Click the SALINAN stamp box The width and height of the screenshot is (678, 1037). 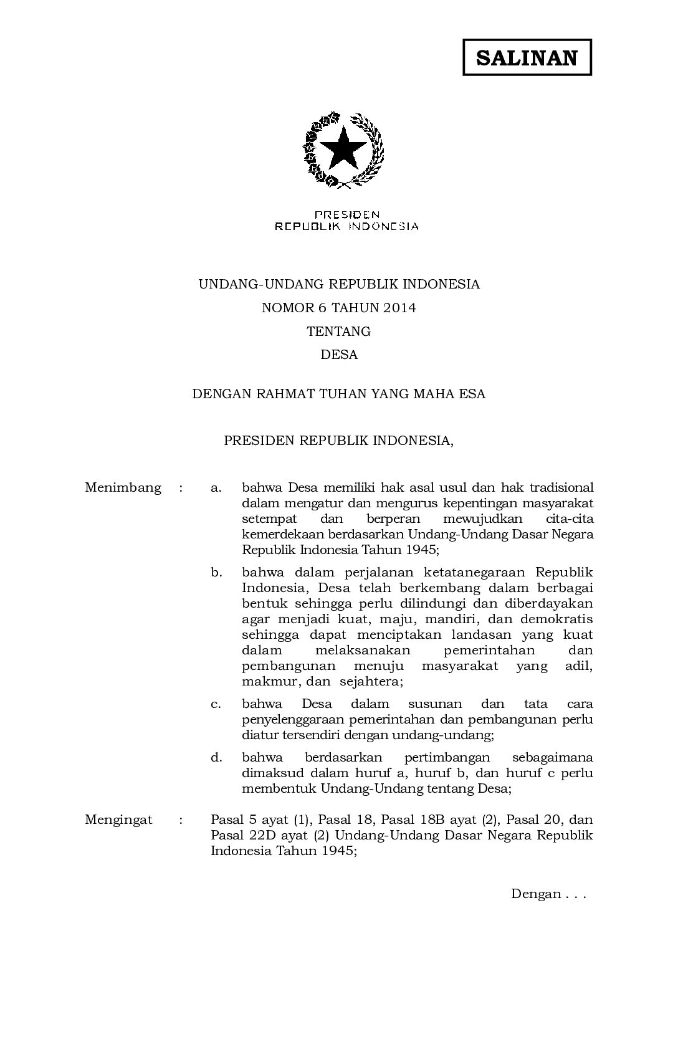(527, 57)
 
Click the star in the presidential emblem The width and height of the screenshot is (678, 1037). (342, 147)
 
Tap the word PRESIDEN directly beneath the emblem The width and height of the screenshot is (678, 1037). (347, 215)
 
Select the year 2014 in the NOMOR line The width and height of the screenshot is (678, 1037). (399, 308)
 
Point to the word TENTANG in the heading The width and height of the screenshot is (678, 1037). (339, 332)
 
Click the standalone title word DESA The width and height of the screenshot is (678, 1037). (339, 355)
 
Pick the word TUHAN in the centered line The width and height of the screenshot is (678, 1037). (343, 394)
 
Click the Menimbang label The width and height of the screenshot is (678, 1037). (123, 487)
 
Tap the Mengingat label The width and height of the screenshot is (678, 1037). (118, 820)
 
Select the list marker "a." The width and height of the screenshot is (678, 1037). (216, 487)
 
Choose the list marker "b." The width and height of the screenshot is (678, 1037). (216, 572)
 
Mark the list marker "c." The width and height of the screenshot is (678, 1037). (216, 704)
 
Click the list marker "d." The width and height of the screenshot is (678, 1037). (216, 758)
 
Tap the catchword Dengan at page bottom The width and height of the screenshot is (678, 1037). (536, 894)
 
